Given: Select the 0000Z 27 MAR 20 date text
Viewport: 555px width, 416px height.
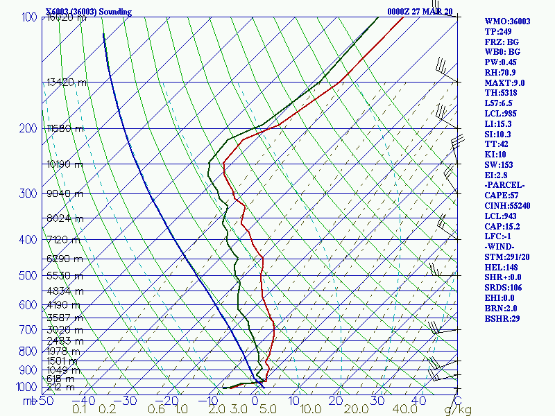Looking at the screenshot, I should pos(420,12).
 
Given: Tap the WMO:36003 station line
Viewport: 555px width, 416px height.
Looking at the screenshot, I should pos(507,21).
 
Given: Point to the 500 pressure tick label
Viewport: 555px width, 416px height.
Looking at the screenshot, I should pos(28,276).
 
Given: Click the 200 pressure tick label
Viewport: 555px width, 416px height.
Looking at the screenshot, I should pos(28,128).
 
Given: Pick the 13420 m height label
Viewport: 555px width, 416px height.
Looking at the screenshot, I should pos(67,83).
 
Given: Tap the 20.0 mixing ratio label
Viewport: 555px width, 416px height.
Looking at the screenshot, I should pos(341,410).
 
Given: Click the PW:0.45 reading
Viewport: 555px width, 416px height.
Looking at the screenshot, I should pos(500,62).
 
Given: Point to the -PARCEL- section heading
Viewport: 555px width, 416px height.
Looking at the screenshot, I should pos(505,185).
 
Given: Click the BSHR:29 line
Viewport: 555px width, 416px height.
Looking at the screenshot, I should pos(502,319).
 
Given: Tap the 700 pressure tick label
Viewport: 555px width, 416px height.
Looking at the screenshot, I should pos(28,330).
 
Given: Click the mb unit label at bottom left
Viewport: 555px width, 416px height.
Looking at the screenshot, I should pos(30,401).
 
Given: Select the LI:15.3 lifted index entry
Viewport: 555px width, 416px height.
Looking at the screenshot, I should pos(499,123).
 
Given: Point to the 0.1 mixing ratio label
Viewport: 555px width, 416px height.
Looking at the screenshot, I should pos(80,410).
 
